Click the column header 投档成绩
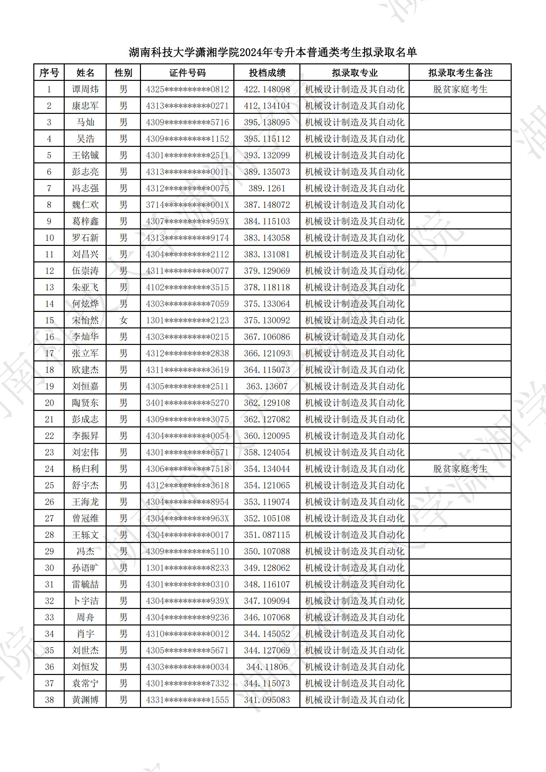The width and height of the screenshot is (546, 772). tap(267, 73)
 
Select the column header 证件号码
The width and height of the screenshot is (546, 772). tap(187, 73)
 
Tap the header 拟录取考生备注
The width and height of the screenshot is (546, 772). tap(460, 73)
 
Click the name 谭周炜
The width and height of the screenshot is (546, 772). tap(85, 89)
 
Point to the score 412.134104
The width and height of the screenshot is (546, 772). tap(267, 106)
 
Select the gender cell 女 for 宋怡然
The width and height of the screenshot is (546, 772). tap(123, 320)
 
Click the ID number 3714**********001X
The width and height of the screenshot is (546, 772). tap(187, 205)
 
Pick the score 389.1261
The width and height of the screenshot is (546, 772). tap(267, 188)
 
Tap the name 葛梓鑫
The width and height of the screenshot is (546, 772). tap(85, 221)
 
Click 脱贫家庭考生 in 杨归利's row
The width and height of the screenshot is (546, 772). tap(460, 469)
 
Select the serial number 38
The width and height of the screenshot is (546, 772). tap(50, 700)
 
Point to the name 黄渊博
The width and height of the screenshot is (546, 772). tap(85, 700)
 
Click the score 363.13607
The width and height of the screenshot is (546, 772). tap(267, 386)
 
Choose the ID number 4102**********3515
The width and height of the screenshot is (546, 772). tap(187, 287)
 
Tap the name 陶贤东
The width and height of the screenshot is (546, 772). tap(85, 403)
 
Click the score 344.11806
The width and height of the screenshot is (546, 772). tap(267, 667)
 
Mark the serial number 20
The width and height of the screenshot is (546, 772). tap(50, 403)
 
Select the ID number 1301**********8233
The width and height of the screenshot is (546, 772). tap(187, 568)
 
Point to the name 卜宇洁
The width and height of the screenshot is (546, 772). tap(85, 601)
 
